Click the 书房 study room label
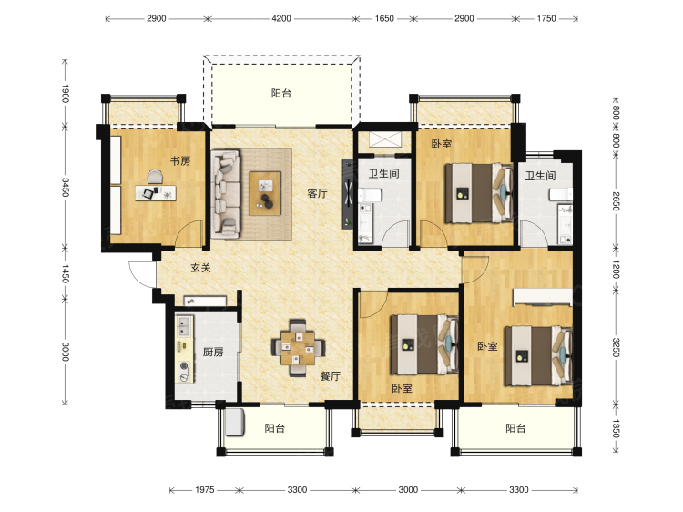point(180,160)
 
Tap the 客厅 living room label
point(317,193)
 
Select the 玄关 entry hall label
point(200,268)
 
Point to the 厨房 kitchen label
point(213,352)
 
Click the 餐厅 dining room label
point(331,375)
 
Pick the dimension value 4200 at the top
point(281,19)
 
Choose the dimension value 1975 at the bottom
point(204,490)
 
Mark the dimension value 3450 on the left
point(66,187)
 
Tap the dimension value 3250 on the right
point(616,347)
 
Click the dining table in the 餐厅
point(298,348)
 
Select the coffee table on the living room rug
point(265,193)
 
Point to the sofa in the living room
point(226,194)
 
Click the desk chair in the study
point(155,177)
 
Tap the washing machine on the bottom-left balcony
point(234,421)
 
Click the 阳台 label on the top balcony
point(281,93)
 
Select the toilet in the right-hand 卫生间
point(561,194)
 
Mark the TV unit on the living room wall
point(348,193)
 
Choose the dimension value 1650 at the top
point(384,19)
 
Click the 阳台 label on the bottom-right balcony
point(515,428)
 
